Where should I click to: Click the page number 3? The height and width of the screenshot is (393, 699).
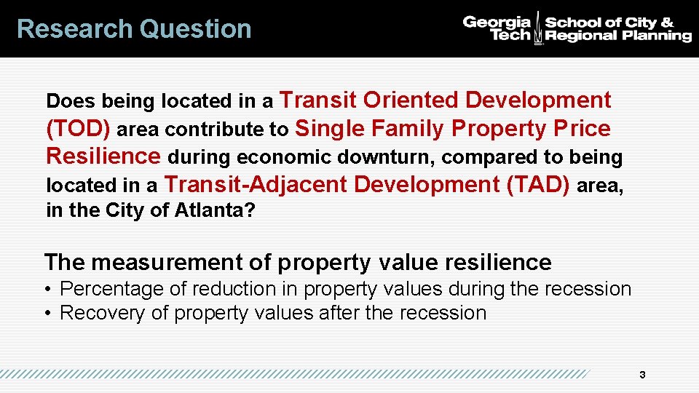pos(641,376)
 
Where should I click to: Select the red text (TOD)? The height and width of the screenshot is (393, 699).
pos(78,129)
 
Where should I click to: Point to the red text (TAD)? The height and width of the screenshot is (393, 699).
pos(537,185)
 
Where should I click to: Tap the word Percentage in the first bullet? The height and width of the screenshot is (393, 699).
pos(111,289)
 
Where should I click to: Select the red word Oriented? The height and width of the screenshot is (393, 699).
pos(411,100)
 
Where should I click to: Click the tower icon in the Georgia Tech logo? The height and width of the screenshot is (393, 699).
pos(538,28)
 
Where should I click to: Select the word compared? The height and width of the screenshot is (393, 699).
pos(484,157)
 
